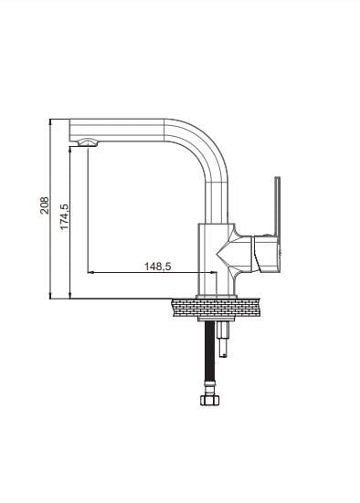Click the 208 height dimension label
coord(45,205)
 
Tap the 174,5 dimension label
coord(64,217)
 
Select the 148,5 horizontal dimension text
coord(158,267)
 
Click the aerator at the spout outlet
coord(88,142)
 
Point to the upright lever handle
coord(277,206)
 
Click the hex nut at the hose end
coord(210,400)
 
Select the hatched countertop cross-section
coord(216,308)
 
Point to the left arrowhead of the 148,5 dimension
coord(90,272)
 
